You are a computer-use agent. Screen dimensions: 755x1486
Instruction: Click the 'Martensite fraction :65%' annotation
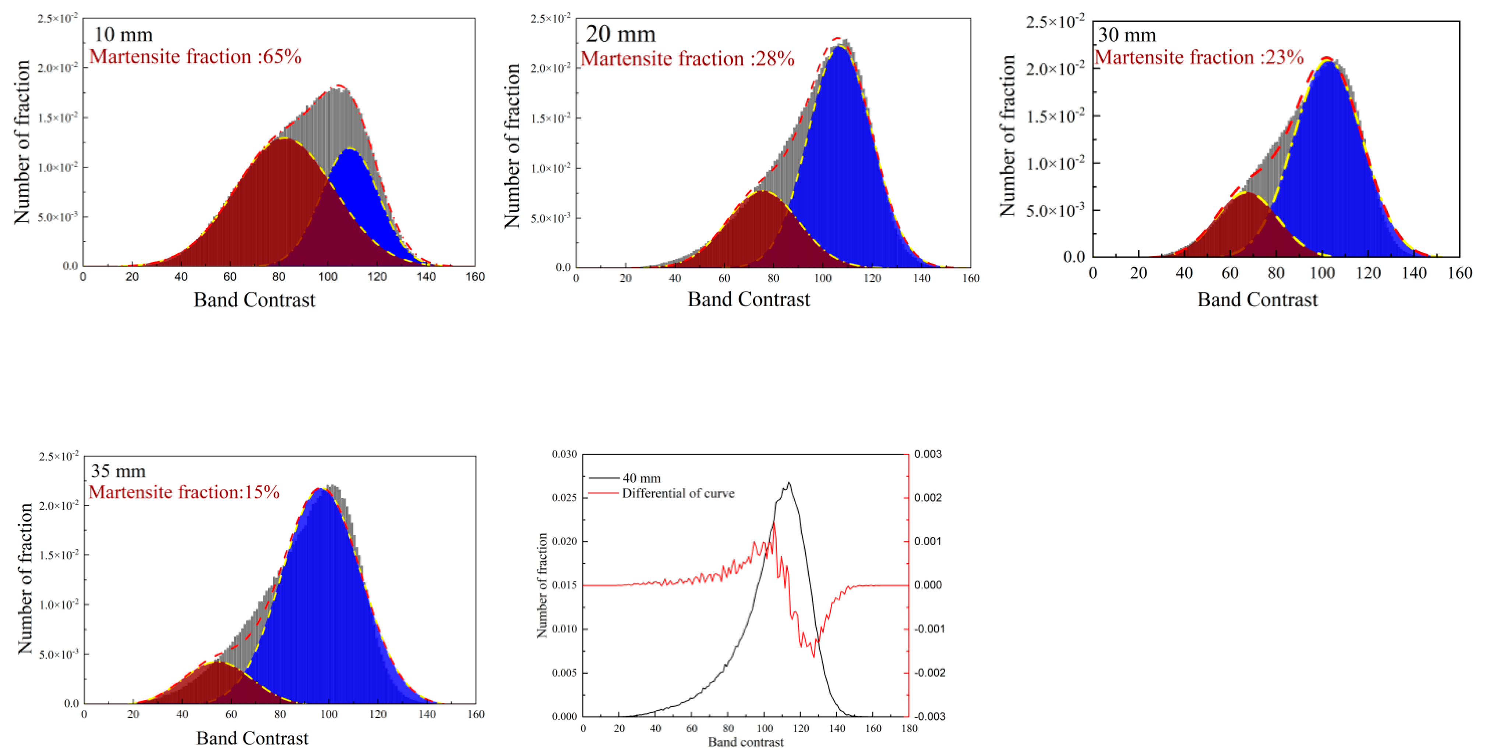click(195, 57)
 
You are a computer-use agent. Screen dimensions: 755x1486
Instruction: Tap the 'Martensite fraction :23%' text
click(1199, 57)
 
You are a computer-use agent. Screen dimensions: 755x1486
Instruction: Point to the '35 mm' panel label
click(118, 471)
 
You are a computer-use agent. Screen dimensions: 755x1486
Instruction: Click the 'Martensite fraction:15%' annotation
click(184, 492)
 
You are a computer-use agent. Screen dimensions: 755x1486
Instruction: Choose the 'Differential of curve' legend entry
click(678, 493)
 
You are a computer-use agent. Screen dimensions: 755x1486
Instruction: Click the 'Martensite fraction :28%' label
click(688, 59)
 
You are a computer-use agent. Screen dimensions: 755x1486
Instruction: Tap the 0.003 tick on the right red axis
click(928, 454)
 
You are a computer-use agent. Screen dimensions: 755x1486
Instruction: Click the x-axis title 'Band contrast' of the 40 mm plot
click(745, 742)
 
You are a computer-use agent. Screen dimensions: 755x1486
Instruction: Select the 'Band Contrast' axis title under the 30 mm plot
click(1257, 300)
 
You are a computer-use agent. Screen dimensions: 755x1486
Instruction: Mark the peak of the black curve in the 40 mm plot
click(788, 483)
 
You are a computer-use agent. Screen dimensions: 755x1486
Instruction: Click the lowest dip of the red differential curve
click(814, 656)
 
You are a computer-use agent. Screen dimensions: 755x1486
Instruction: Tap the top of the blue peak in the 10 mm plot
click(350, 149)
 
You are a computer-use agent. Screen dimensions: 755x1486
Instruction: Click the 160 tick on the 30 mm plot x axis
click(1459, 273)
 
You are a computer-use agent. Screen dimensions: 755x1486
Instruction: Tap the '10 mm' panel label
click(123, 35)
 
